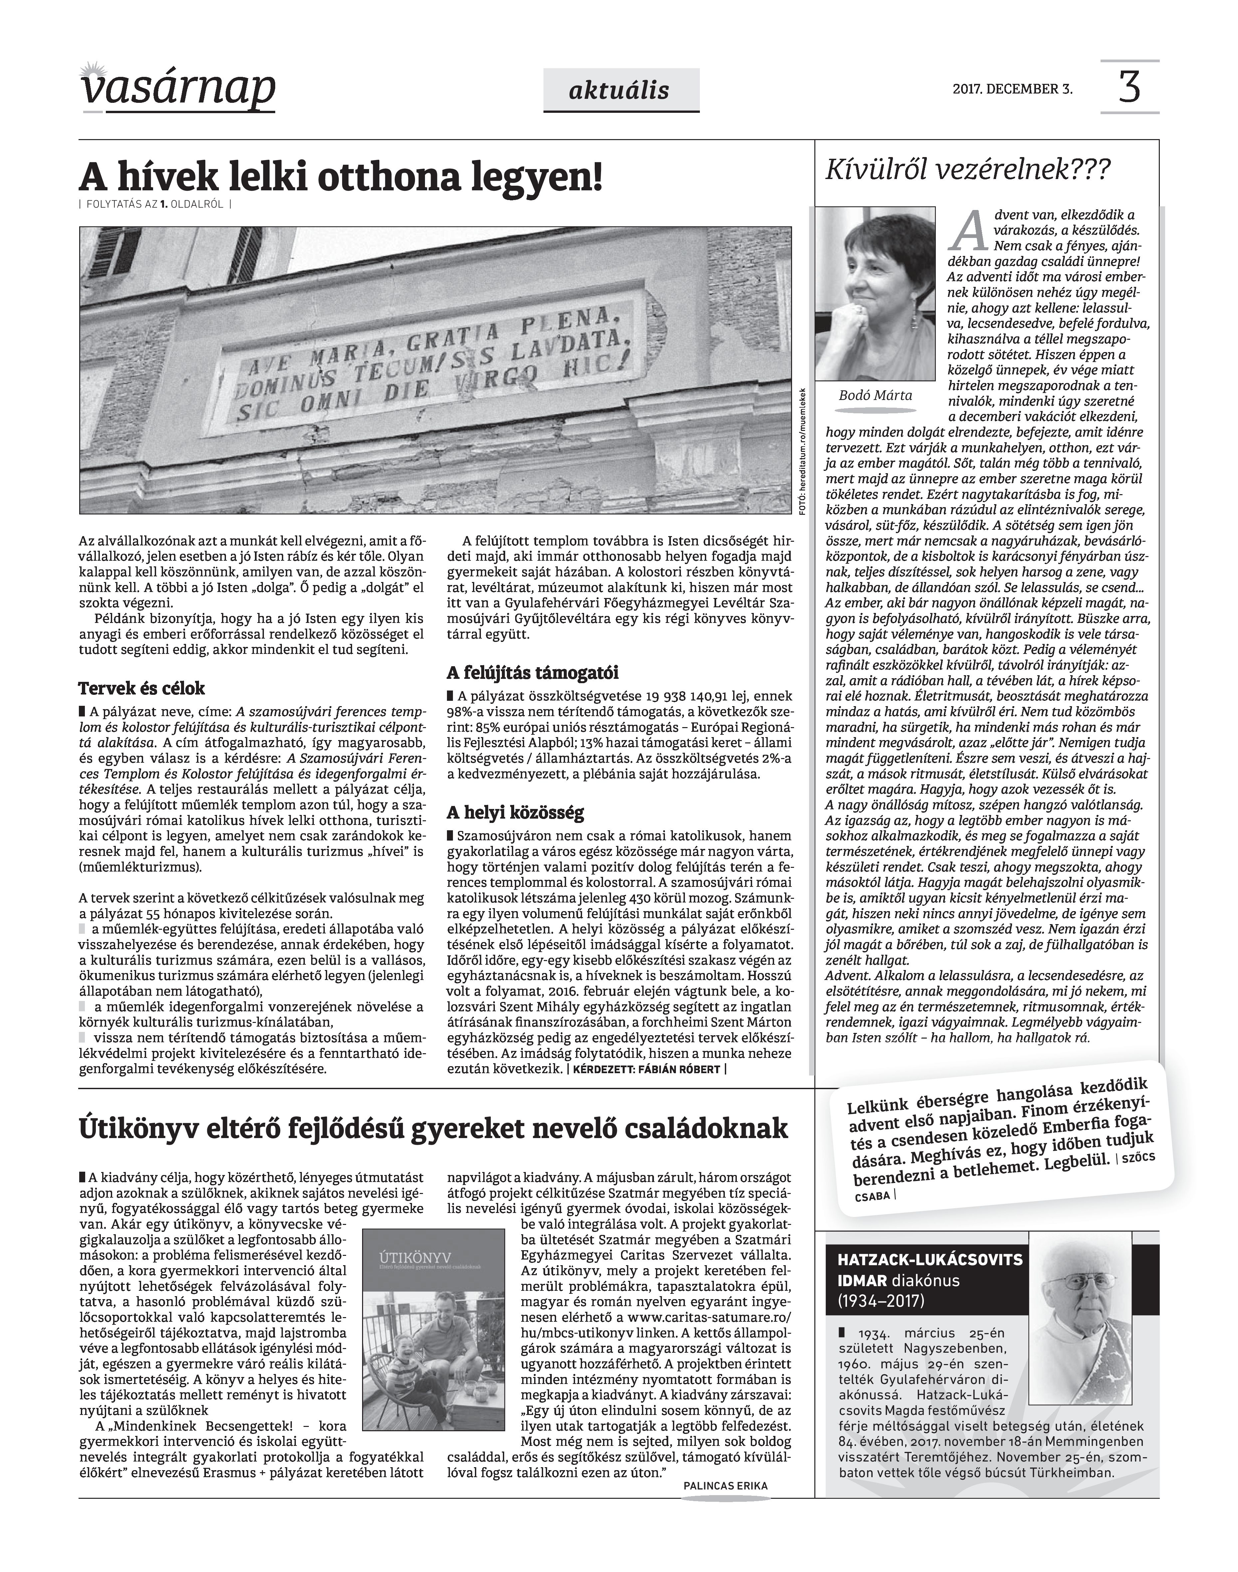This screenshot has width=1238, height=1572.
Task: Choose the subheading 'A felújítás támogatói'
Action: pyautogui.click(x=532, y=672)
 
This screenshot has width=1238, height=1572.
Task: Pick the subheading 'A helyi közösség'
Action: pyautogui.click(x=516, y=812)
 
